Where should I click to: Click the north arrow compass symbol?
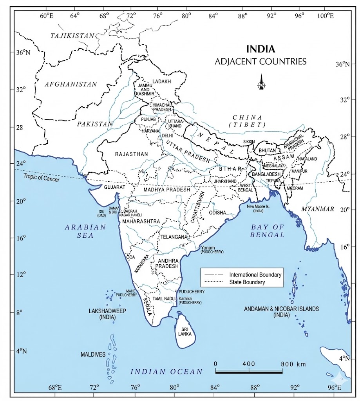pyautogui.click(x=261, y=82)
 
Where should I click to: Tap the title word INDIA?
pyautogui.click(x=261, y=49)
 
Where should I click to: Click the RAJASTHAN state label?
pyautogui.click(x=132, y=154)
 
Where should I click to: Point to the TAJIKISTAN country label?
pyautogui.click(x=72, y=36)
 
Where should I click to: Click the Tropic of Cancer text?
pyautogui.click(x=42, y=179)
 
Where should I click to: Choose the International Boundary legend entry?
pyautogui.click(x=255, y=275)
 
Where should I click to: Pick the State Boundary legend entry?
pyautogui.click(x=247, y=282)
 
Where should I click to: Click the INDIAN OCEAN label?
pyautogui.click(x=166, y=372)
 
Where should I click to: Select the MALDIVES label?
pyautogui.click(x=93, y=354)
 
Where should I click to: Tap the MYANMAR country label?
pyautogui.click(x=317, y=209)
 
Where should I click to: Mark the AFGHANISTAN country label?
pyautogui.click(x=71, y=84)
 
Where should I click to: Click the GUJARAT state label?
pyautogui.click(x=114, y=188)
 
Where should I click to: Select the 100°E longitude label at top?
pyautogui.click(x=326, y=16)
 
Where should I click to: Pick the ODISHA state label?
pyautogui.click(x=217, y=213)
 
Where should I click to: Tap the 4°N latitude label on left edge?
pyautogui.click(x=20, y=351)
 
